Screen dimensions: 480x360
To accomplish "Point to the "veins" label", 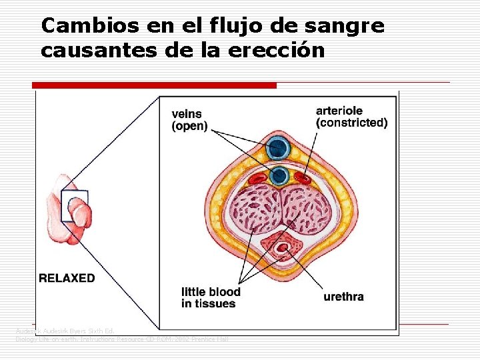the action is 187,114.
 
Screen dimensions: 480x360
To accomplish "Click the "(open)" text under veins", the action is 190,126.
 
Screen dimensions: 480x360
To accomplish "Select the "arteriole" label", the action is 339,110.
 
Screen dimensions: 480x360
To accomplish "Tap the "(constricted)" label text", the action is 351,123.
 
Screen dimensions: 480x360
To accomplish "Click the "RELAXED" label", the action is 67,278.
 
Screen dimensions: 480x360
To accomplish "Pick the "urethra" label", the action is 343,297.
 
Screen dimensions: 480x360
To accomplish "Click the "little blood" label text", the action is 211,292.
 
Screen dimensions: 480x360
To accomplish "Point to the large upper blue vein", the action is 277,147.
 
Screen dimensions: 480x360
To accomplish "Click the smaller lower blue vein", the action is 279,175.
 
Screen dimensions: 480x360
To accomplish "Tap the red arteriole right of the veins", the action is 303,178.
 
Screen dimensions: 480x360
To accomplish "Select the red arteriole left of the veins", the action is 257,179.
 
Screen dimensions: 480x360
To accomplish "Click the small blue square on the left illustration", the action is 73,206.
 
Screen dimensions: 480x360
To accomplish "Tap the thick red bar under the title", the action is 154,85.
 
